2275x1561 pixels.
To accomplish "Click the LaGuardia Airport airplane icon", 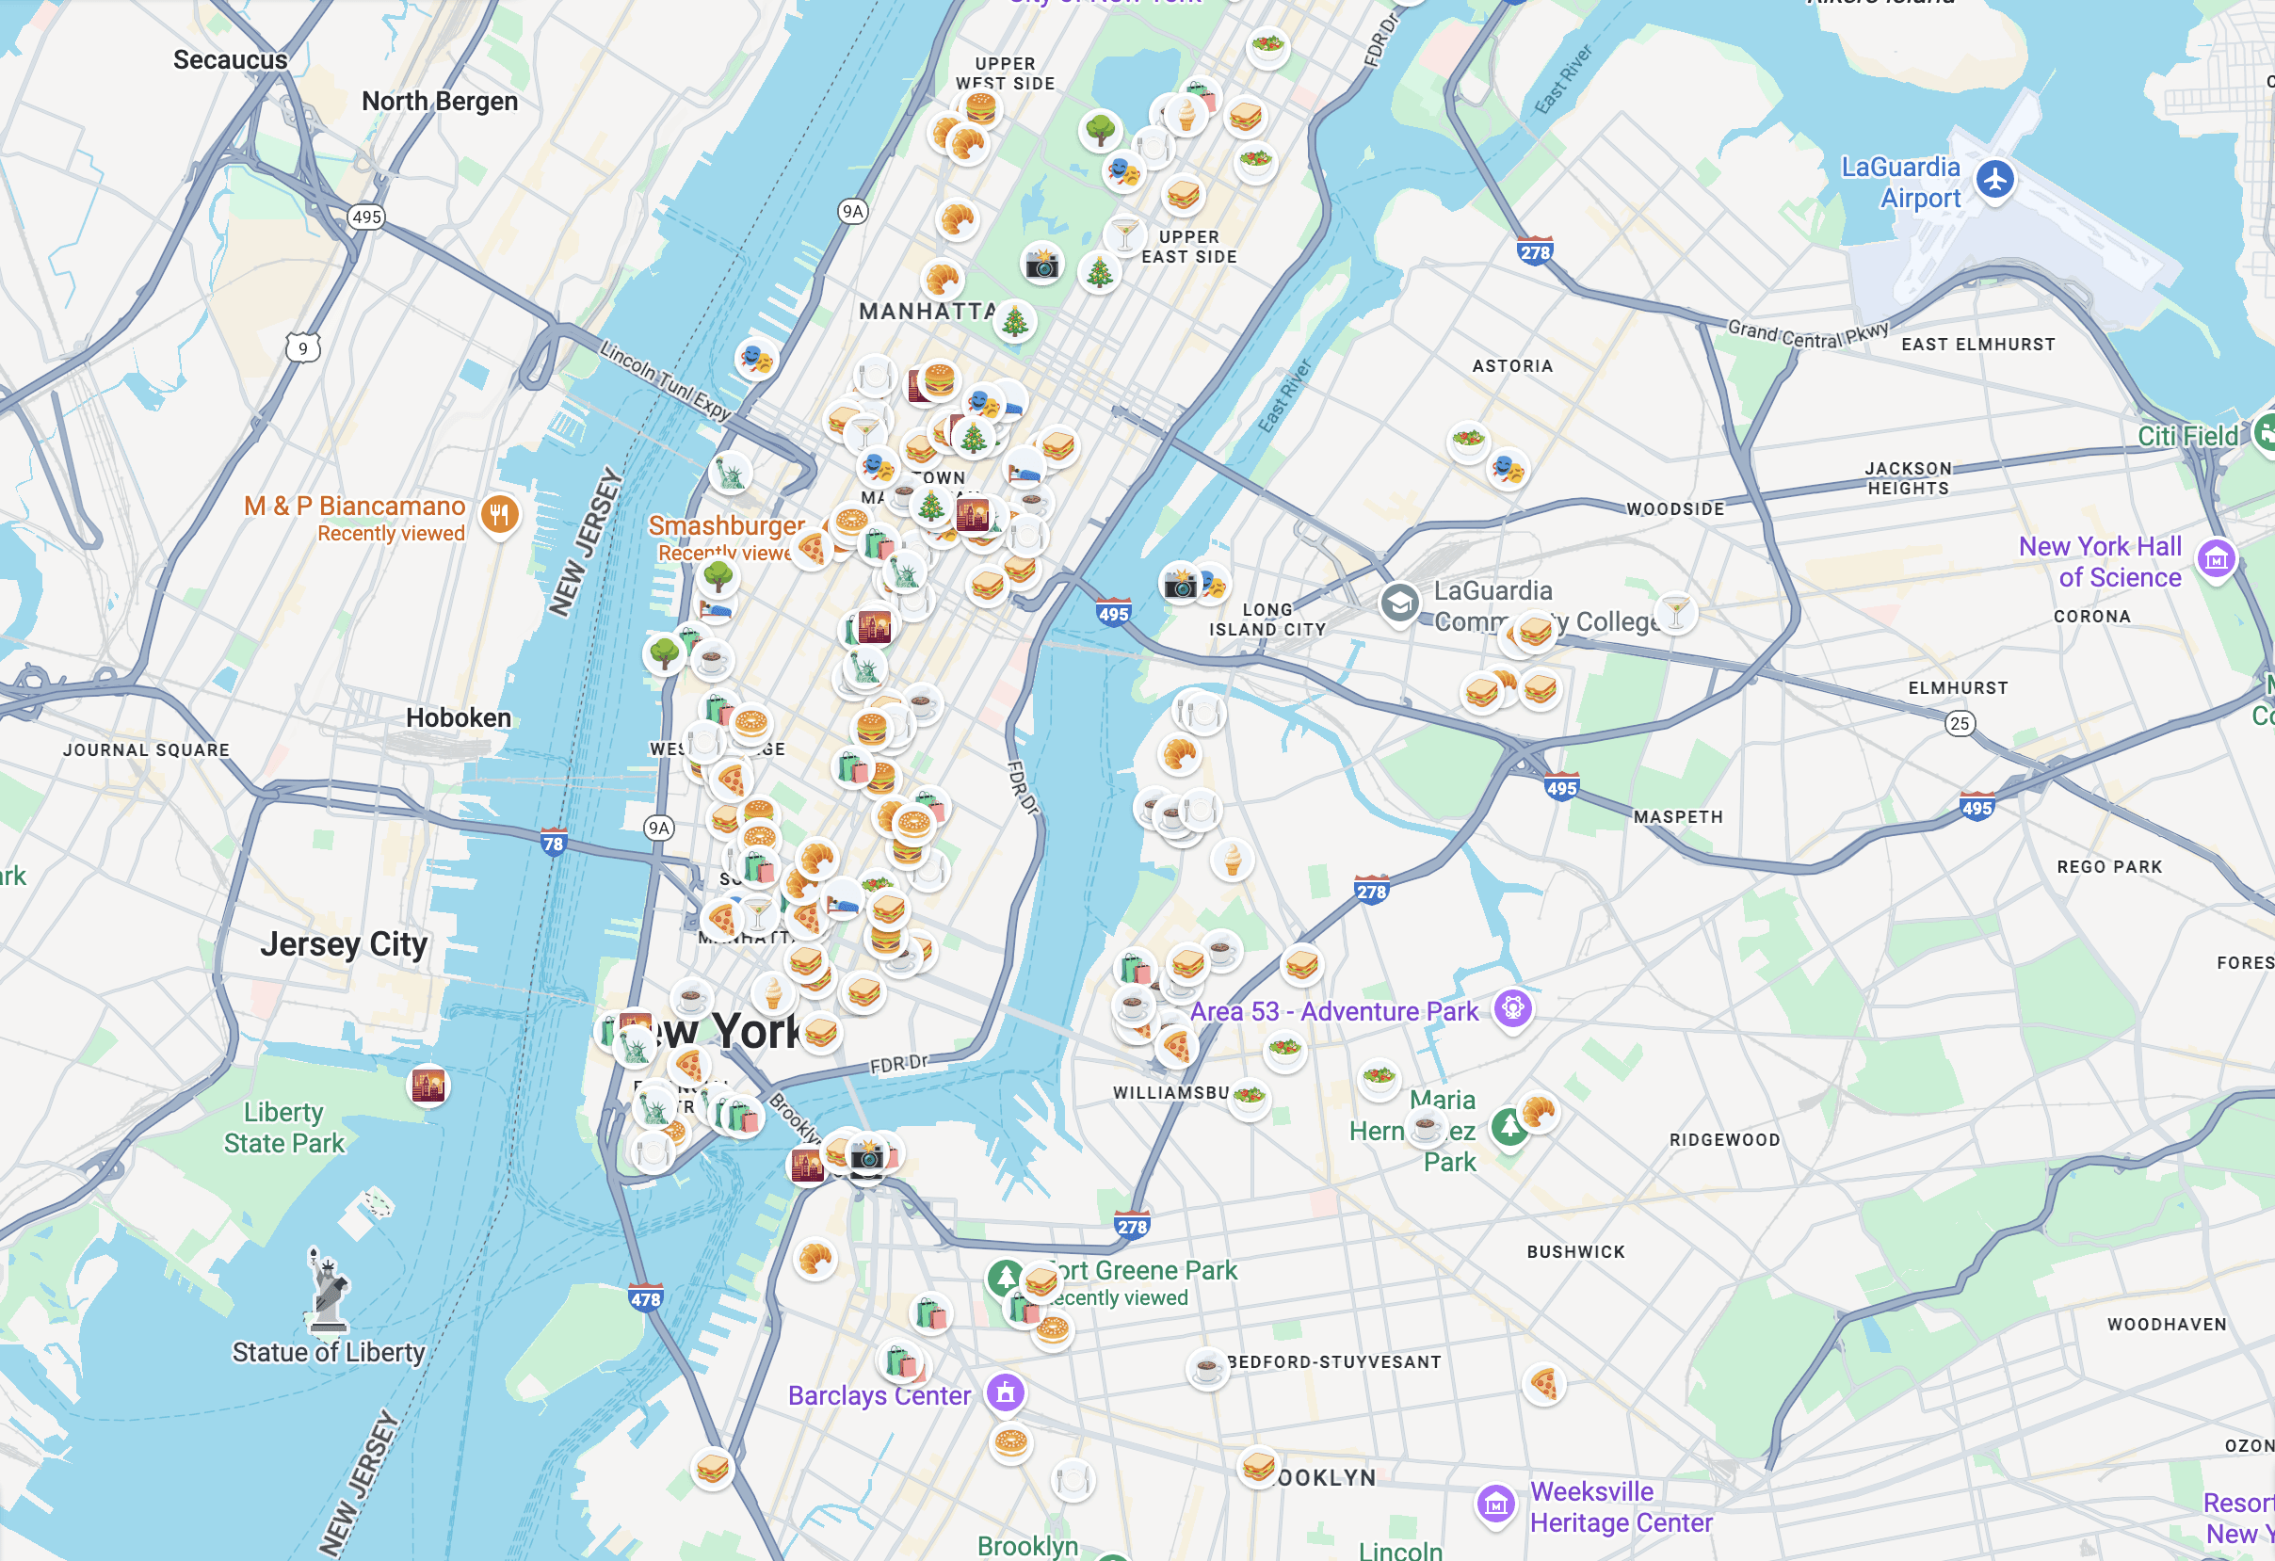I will pyautogui.click(x=1994, y=180).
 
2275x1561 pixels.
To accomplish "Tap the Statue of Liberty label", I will pyautogui.click(x=328, y=1352).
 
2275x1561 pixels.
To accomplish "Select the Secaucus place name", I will pyautogui.click(x=230, y=59).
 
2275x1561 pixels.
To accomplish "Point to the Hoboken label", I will pyautogui.click(x=459, y=717).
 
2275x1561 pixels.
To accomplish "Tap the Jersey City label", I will pyautogui.click(x=344, y=944).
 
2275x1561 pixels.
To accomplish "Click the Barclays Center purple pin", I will pyautogui.click(x=1005, y=1392).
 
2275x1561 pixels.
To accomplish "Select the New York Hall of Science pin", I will pyautogui.click(x=2217, y=559).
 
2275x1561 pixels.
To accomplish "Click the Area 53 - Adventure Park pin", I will pyautogui.click(x=1512, y=1008).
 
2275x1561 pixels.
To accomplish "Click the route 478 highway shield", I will pyautogui.click(x=645, y=1298).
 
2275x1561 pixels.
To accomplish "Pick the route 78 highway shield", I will pyautogui.click(x=553, y=843).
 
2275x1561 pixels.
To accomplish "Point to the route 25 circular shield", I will pyautogui.click(x=1959, y=723).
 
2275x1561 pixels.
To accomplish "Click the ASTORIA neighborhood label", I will pyautogui.click(x=1511, y=366).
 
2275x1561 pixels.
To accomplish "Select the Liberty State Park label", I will pyautogui.click(x=283, y=1128).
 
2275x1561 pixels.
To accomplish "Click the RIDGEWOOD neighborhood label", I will pyautogui.click(x=1724, y=1139).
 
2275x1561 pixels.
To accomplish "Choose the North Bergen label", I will pyautogui.click(x=440, y=101).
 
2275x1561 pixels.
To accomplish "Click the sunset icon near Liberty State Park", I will pyautogui.click(x=428, y=1085).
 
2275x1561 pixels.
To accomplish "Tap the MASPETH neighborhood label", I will pyautogui.click(x=1677, y=816).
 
